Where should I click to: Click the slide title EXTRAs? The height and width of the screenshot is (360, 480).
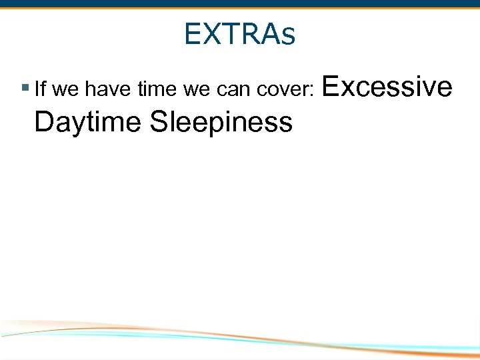tap(239, 34)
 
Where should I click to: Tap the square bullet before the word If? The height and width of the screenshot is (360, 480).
tap(25, 87)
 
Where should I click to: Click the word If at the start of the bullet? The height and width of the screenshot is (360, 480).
tap(39, 88)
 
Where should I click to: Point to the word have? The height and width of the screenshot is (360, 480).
tap(102, 88)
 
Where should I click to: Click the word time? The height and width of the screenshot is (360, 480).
tap(147, 88)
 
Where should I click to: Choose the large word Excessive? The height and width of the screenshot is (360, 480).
tap(387, 86)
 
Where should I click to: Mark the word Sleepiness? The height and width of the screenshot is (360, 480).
tap(221, 122)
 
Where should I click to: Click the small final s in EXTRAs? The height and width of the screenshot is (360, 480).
tap(288, 36)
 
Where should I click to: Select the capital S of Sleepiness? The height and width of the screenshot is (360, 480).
tap(159, 121)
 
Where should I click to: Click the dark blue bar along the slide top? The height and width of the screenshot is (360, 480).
tap(240, 3)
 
